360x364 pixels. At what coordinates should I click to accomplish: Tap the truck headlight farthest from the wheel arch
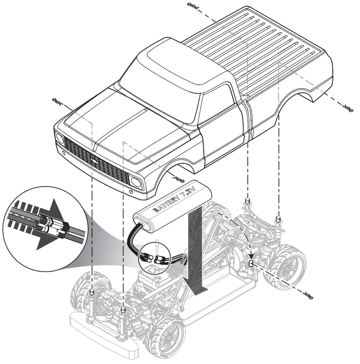(60, 139)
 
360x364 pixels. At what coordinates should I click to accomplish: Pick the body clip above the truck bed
(192, 6)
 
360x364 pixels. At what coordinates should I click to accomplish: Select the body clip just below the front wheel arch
(178, 178)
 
